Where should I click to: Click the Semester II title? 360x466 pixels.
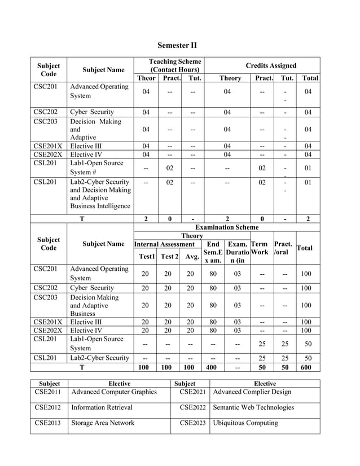[x=177, y=45]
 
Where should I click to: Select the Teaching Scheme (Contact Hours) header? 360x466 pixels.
[x=174, y=65]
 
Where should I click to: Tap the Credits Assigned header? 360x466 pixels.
[x=271, y=65]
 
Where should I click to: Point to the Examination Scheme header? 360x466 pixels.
[x=227, y=227]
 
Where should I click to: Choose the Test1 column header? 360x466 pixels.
[x=146, y=257]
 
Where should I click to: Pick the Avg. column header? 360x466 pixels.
[x=192, y=257]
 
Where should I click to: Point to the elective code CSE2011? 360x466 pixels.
[x=49, y=392]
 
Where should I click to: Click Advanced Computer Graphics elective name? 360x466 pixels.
[x=113, y=392]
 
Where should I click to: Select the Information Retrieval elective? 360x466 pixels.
[x=103, y=407]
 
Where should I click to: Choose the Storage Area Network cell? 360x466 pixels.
[x=103, y=423]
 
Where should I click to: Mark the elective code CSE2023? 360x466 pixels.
[x=192, y=423]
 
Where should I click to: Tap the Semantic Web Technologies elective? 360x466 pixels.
[x=253, y=407]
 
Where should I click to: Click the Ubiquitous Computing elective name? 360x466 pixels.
[x=245, y=423]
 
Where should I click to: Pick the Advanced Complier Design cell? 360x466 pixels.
[x=252, y=392]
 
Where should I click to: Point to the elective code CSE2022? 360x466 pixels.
[x=192, y=407]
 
